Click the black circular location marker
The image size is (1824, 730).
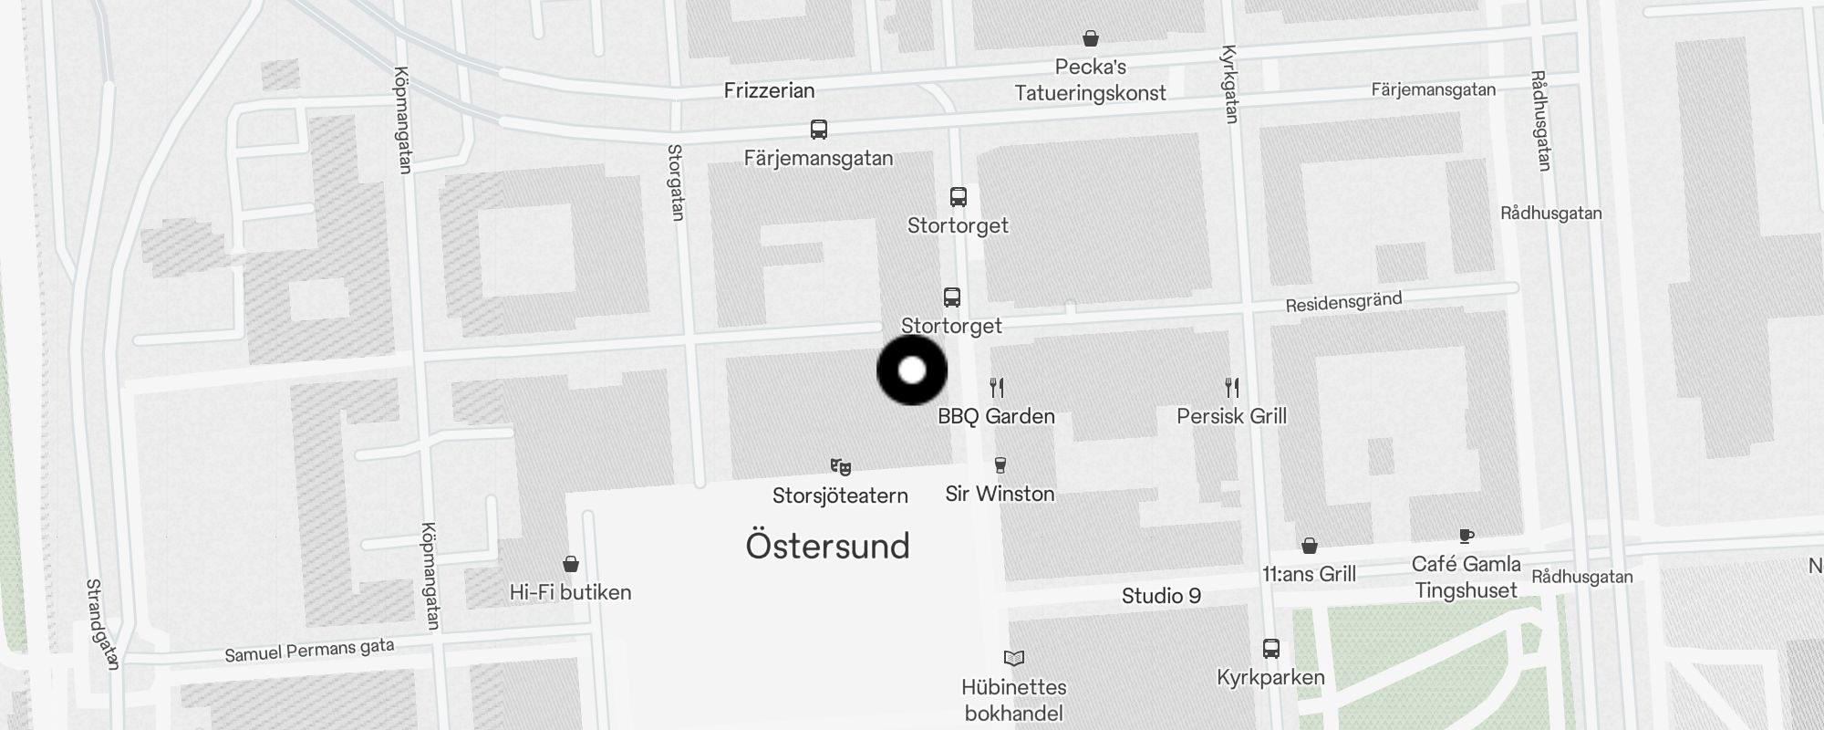point(912,370)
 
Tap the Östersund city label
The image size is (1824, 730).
point(827,546)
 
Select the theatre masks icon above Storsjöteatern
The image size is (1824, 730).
point(840,467)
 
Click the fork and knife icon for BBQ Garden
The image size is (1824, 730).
point(997,388)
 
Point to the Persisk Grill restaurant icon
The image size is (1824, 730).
point(1232,388)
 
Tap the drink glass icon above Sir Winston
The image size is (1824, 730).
point(1000,465)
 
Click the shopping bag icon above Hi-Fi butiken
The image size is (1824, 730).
point(571,564)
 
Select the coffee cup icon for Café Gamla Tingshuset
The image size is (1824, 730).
point(1466,536)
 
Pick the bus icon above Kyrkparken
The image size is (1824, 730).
point(1271,649)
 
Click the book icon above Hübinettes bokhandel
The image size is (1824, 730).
point(1014,658)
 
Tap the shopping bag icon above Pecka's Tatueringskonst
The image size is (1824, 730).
point(1090,38)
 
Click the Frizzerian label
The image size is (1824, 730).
point(769,90)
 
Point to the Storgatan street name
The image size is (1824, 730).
point(676,182)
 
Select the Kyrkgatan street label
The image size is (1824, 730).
point(1229,84)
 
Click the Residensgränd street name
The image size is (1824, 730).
point(1343,302)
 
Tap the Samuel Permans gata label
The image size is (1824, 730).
point(309,651)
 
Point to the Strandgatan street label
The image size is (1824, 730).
point(102,624)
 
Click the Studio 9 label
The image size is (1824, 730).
point(1161,596)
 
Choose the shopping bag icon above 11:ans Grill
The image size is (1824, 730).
point(1310,546)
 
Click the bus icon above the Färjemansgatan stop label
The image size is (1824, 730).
point(819,130)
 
